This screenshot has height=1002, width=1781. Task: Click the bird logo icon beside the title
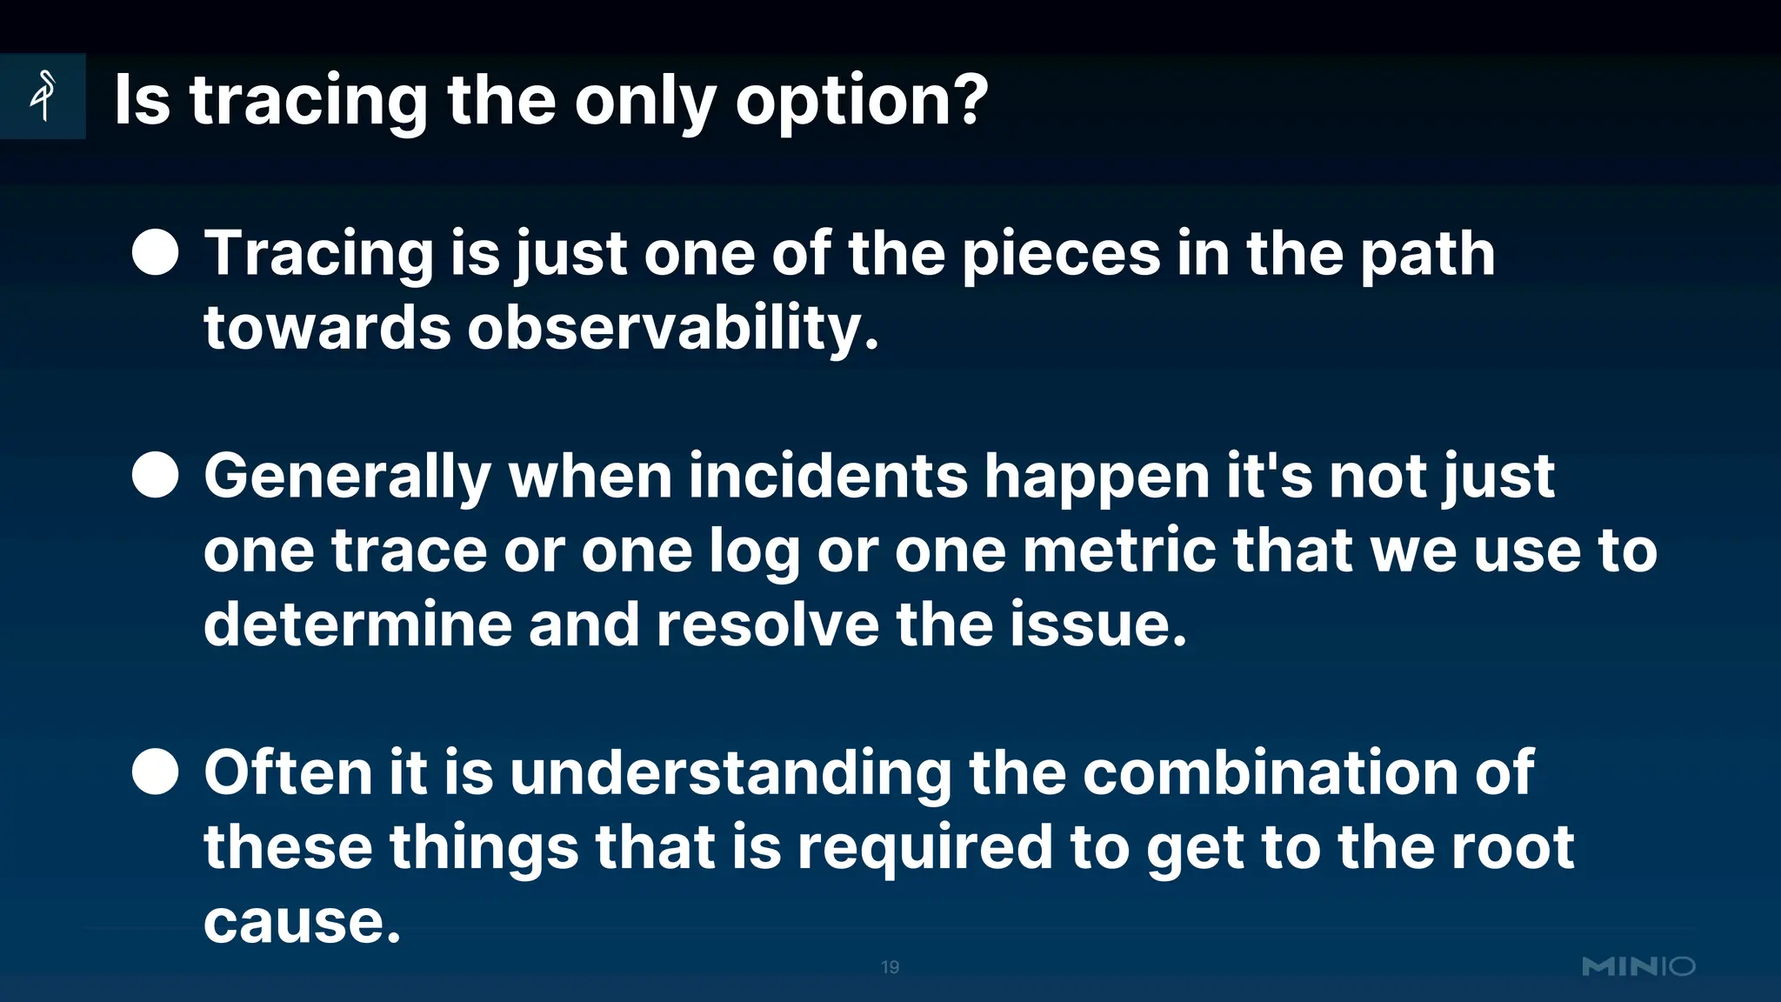point(43,95)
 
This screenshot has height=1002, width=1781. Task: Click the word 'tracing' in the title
point(309,102)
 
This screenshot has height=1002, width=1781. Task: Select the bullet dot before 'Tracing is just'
point(156,252)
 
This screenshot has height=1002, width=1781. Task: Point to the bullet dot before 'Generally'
point(156,475)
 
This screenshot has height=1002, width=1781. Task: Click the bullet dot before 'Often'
point(156,772)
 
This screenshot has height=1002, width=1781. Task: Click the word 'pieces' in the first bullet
point(1061,255)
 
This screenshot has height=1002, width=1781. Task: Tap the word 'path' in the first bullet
point(1427,255)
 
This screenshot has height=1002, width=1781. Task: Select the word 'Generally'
point(347,478)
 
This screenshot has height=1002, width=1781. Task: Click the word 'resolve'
point(768,625)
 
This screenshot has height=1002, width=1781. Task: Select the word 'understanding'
point(730,773)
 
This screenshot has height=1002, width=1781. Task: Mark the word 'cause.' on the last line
point(302,922)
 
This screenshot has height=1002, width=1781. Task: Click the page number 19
point(890,967)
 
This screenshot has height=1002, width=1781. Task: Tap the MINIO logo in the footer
point(1638,966)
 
